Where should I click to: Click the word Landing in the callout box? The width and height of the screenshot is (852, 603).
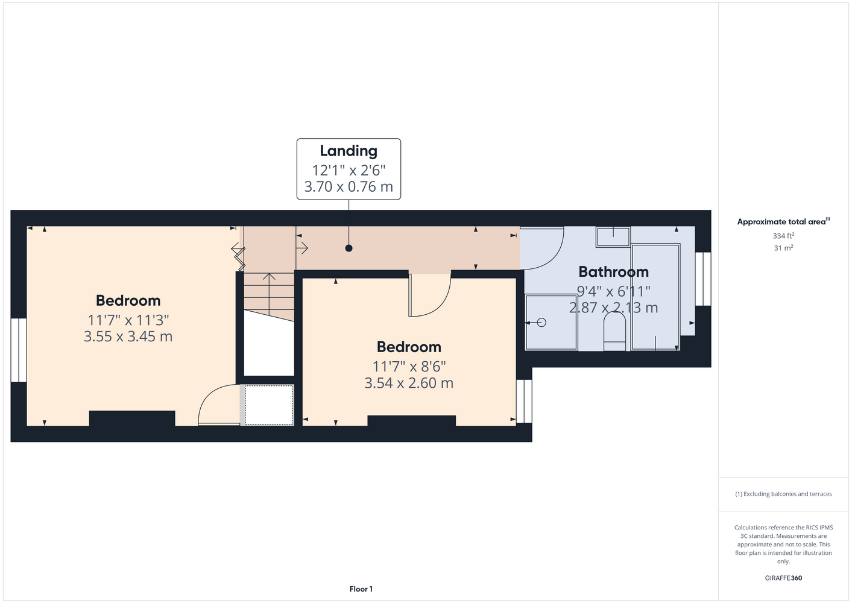(x=349, y=151)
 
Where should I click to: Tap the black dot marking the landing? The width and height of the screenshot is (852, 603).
(x=349, y=248)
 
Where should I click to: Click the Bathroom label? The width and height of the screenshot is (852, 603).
(x=613, y=271)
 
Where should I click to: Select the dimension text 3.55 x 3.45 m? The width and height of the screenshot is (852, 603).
(x=128, y=336)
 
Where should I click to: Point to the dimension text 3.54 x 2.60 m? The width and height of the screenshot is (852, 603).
(x=409, y=383)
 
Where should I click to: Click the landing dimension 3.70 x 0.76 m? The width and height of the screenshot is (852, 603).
(x=349, y=186)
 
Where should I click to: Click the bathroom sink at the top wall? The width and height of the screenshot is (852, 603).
(x=613, y=237)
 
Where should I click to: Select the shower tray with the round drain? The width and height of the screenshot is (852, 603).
(x=551, y=322)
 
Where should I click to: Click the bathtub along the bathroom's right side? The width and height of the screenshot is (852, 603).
(x=655, y=297)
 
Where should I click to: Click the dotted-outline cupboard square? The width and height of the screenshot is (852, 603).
(x=269, y=405)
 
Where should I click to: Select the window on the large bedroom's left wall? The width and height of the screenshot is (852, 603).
(x=19, y=350)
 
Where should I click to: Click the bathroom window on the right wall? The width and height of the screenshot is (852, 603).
(x=703, y=279)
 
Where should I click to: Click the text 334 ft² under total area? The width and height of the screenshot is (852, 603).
(x=783, y=236)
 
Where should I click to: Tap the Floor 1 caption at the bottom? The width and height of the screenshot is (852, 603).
(x=361, y=589)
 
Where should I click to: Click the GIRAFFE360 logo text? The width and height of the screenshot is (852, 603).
(x=783, y=578)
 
